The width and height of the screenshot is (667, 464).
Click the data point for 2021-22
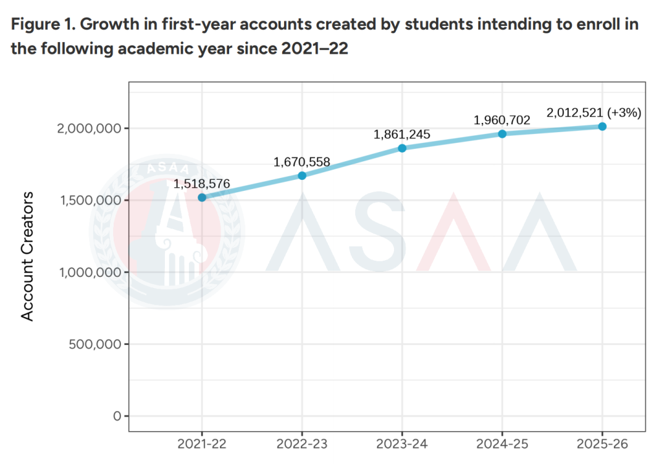pos(202,198)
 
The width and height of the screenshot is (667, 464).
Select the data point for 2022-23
pos(302,175)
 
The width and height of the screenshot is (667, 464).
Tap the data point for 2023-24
pos(402,148)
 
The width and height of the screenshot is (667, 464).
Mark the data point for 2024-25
pos(502,134)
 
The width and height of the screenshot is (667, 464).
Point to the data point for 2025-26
pos(602,127)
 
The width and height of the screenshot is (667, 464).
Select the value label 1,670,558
pos(302,162)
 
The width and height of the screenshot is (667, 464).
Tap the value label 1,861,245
pos(402,135)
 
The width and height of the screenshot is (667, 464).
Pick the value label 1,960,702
pos(502,120)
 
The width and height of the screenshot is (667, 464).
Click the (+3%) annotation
pos(624,113)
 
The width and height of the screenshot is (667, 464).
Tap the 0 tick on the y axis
pos(117,416)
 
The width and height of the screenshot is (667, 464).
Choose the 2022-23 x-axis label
pos(302,443)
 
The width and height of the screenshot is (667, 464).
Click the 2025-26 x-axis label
pos(602,443)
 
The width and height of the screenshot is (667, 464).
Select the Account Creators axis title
pos(28,256)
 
